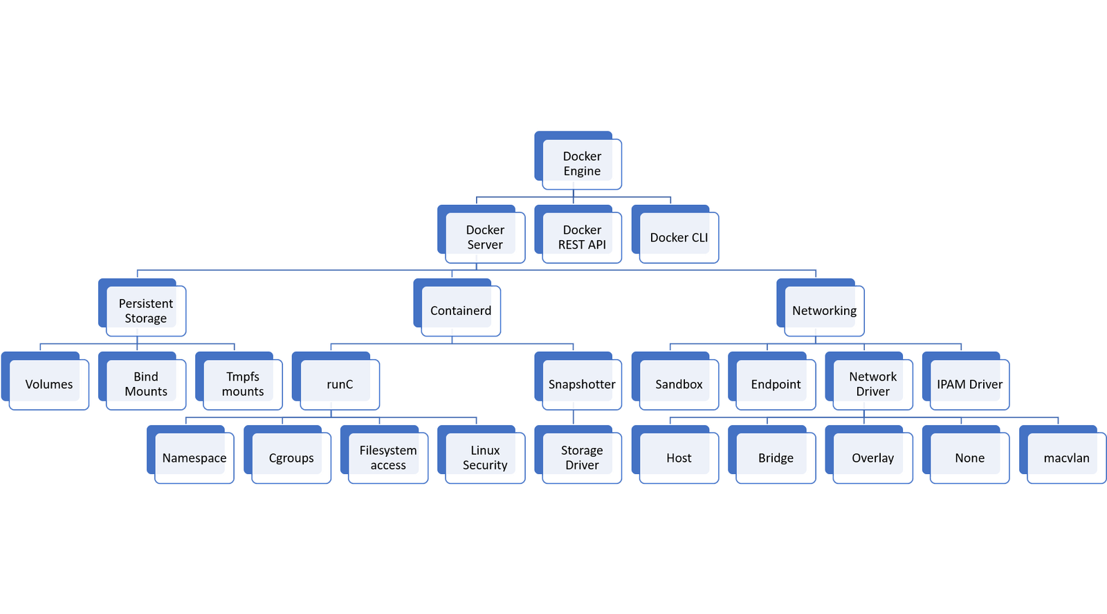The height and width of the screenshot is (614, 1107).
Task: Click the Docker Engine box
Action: point(578,161)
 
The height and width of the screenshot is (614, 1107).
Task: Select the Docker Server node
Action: point(481,235)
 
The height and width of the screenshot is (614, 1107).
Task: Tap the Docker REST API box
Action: point(578,235)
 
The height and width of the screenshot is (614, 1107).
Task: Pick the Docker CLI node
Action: point(675,235)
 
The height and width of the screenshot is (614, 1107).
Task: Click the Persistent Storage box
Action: point(142,307)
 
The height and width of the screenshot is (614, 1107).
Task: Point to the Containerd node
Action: point(457,307)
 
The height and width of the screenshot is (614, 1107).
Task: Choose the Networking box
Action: point(821,307)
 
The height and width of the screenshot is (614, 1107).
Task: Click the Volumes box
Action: point(45,381)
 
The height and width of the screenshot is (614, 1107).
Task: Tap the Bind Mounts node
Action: point(142,381)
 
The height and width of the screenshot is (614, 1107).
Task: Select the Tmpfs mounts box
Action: point(239,381)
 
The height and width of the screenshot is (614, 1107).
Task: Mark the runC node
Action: point(336,381)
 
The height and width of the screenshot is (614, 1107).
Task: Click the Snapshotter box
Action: point(578,381)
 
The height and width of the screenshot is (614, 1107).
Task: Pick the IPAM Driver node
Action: point(966,381)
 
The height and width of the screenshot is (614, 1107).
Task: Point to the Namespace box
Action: point(190,455)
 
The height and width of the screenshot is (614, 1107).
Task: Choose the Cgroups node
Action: point(287,455)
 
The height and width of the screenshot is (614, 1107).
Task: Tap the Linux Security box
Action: point(481,455)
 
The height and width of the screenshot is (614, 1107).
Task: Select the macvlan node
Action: point(1063,455)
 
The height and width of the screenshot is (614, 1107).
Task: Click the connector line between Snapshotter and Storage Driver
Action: point(574,417)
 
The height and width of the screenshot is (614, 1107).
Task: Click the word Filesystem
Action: point(388,451)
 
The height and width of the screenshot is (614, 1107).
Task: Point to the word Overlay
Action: point(872,458)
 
